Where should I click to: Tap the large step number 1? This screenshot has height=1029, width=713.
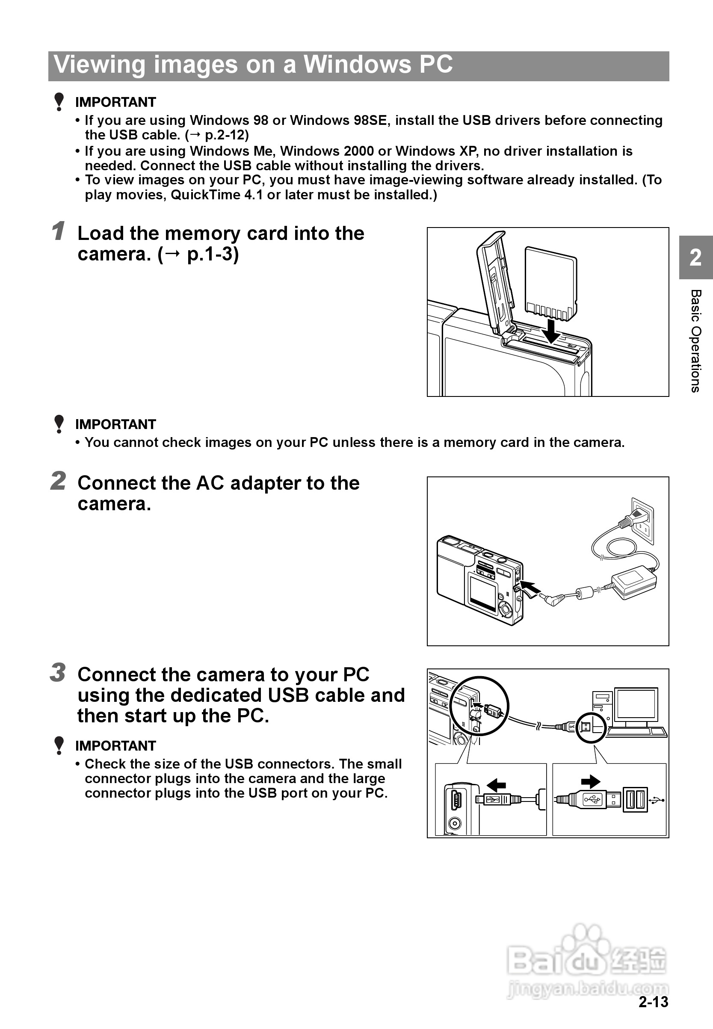[x=58, y=231]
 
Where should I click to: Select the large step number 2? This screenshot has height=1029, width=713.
[x=58, y=481]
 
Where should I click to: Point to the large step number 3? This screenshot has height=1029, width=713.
[x=58, y=673]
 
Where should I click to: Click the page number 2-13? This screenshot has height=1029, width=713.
[x=653, y=1002]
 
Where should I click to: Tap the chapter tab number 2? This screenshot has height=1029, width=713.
[x=695, y=258]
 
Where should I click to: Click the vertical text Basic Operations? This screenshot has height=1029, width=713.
[x=695, y=341]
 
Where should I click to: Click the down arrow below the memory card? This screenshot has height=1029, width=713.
[x=552, y=331]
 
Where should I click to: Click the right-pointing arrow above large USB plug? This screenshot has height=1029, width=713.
[x=591, y=781]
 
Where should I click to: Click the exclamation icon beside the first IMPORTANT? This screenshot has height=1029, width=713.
[x=59, y=102]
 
